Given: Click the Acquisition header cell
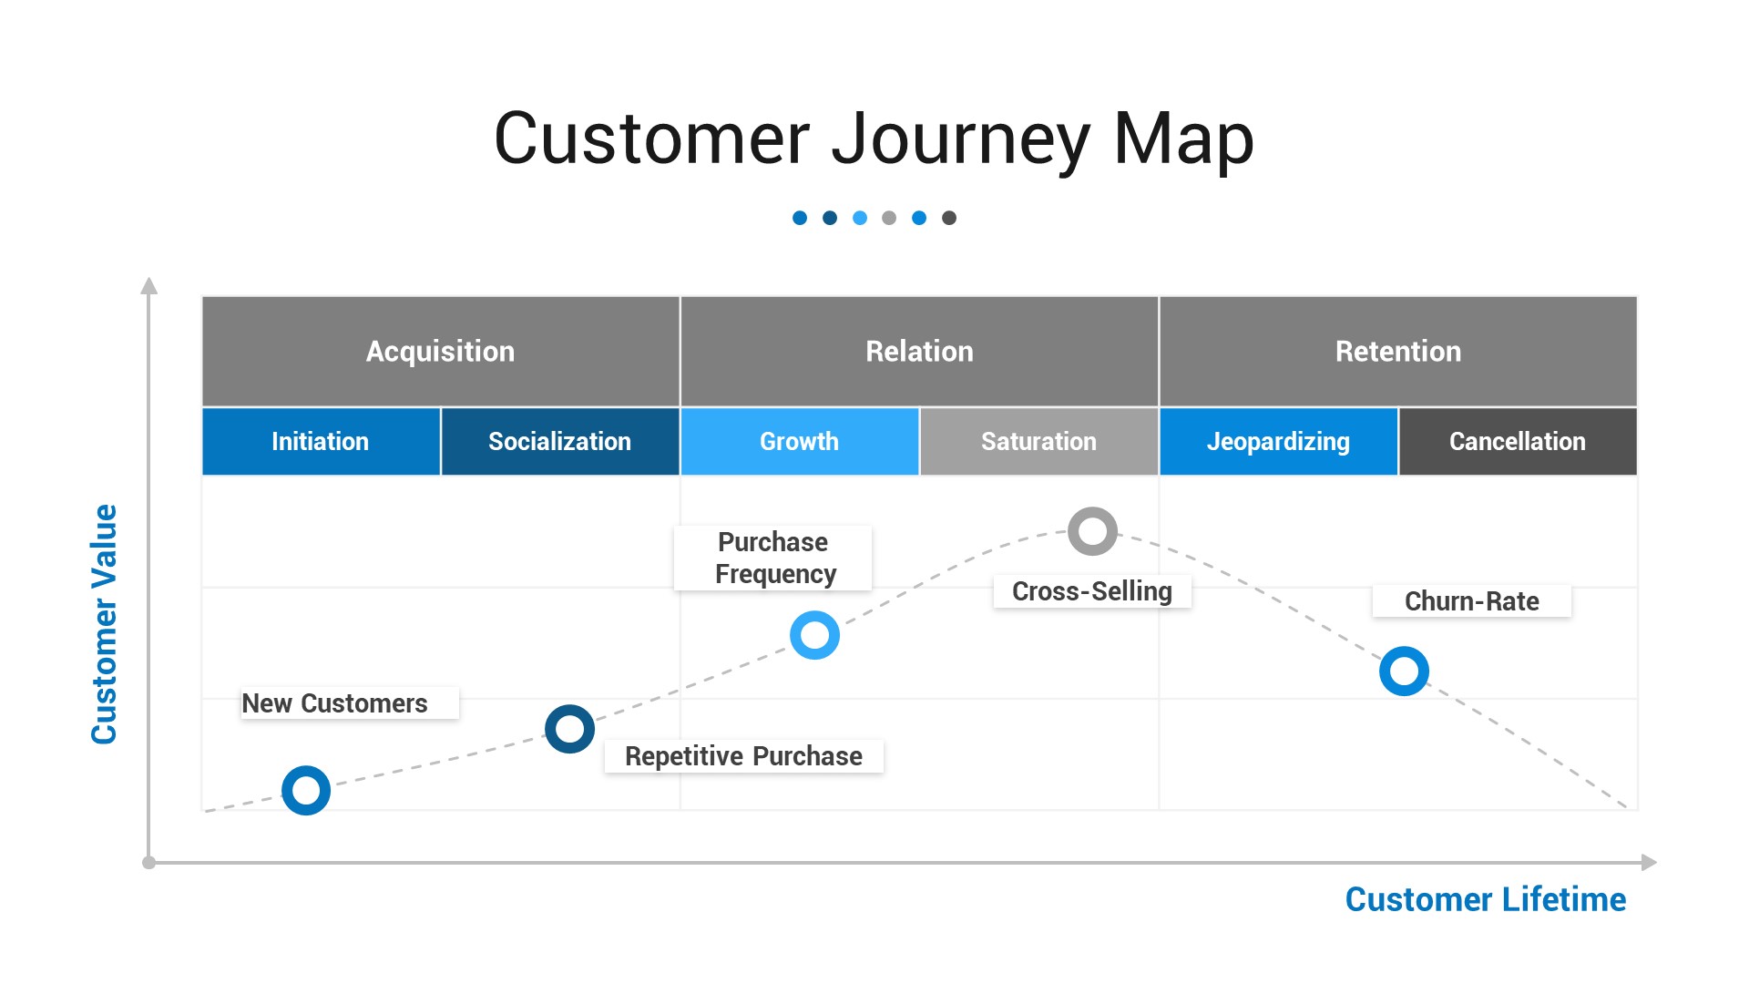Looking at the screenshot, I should (440, 351).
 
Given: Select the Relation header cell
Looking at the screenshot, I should (919, 351).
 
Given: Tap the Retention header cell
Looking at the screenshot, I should (1397, 351).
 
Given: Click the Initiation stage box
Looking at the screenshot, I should (321, 441).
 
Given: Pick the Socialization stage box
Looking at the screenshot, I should (559, 441).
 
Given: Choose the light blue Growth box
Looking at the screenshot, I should (799, 441).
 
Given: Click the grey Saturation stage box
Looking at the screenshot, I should (1038, 441).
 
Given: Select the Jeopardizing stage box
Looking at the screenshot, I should (1278, 441).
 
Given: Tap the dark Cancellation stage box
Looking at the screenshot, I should (1517, 441).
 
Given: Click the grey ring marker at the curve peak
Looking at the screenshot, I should (1092, 531).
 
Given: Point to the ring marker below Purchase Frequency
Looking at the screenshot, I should (814, 635).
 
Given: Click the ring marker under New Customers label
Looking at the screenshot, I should (306, 790).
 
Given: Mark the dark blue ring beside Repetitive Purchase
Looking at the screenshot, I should (569, 729).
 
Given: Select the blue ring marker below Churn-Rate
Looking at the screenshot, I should (1404, 671).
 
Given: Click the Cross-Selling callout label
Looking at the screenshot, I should (1091, 591).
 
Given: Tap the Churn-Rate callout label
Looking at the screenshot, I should (1471, 601).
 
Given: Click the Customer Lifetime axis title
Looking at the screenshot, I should (1485, 899).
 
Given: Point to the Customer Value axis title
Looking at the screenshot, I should (104, 624).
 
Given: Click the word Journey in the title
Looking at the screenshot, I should (960, 138).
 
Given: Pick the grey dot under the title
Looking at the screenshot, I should (889, 218).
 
